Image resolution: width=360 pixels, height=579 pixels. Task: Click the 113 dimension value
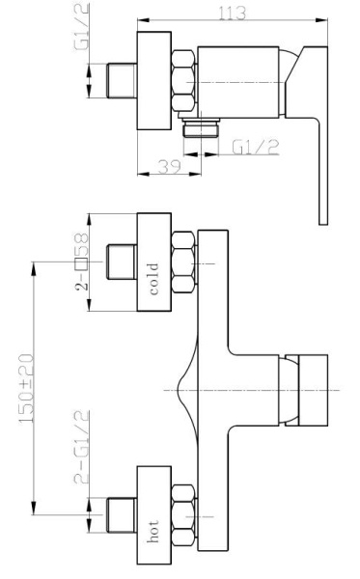(232, 13)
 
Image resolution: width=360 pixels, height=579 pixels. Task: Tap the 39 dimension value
(170, 167)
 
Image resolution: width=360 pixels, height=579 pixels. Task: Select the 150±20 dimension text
(27, 388)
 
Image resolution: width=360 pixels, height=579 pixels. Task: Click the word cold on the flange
(154, 279)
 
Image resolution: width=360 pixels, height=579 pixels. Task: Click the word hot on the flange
(153, 532)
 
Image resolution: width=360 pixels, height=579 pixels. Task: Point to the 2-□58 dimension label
(82, 262)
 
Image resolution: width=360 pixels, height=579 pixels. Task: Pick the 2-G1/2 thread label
(82, 447)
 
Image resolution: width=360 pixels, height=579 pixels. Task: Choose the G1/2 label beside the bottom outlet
(256, 148)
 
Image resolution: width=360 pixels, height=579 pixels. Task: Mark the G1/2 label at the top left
(82, 27)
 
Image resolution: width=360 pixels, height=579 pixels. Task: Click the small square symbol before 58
(81, 264)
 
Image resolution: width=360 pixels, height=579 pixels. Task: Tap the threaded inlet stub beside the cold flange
(122, 262)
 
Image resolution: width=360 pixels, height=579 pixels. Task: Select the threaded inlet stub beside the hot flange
(122, 515)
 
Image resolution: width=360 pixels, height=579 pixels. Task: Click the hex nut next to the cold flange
(183, 262)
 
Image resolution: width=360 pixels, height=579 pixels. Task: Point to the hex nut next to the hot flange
(183, 515)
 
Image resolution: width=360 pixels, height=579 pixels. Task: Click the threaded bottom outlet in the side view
(202, 127)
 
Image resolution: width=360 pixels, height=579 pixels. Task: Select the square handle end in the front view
(313, 390)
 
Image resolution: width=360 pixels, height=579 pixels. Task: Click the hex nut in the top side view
(183, 81)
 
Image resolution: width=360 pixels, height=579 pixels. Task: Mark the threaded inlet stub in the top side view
(122, 80)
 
